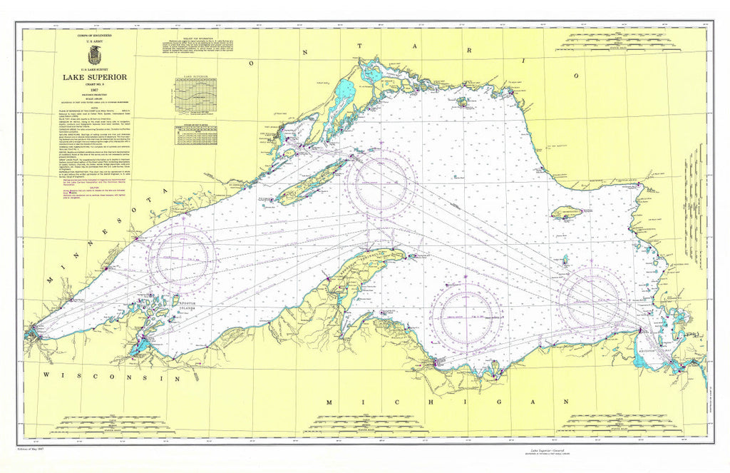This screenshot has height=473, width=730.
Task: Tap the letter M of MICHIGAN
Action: click(329, 403)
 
